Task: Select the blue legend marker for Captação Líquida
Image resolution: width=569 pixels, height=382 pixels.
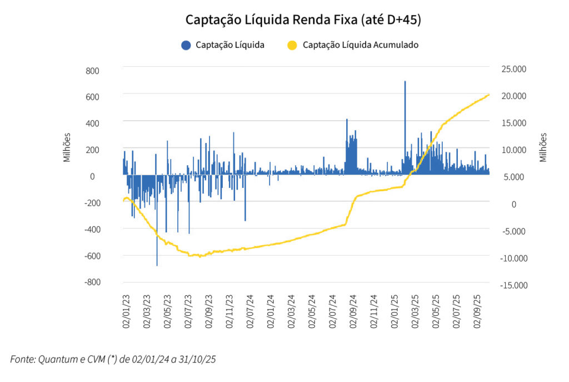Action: point(186,45)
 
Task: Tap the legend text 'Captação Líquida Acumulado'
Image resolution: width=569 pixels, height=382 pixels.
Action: point(360,45)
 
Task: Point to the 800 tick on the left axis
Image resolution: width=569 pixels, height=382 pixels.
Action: point(92,71)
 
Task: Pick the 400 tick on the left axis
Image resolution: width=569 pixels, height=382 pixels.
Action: point(92,123)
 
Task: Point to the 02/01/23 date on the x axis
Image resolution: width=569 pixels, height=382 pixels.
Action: point(126,312)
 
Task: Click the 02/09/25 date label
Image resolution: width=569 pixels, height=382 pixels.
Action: point(478,312)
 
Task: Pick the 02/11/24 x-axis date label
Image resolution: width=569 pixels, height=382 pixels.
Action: point(373,312)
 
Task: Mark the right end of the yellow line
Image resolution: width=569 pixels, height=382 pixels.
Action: point(489,95)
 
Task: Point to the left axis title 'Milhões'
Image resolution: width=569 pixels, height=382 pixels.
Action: point(67,147)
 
